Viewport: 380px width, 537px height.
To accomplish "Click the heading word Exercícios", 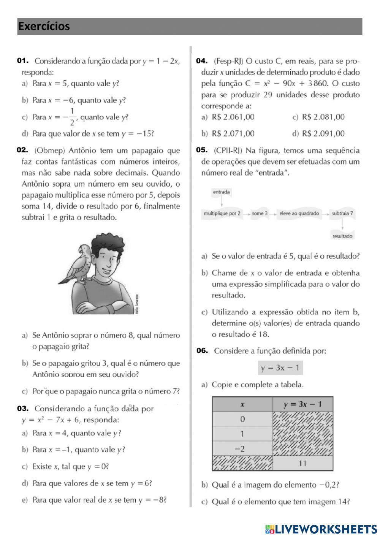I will [44, 26].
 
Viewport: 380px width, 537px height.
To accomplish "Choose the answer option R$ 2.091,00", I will [323, 134].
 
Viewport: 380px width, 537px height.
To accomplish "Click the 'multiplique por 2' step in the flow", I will [222, 214].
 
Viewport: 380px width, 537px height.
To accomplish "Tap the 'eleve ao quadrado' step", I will [299, 214].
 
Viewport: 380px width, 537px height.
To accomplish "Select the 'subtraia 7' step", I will [342, 214].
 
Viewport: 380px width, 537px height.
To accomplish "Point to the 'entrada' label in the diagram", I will [221, 192].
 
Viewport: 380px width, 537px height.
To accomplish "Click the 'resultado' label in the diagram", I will [342, 236].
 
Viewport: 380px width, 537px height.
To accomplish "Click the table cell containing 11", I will [302, 463].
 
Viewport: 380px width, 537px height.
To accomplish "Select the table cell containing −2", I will [242, 449].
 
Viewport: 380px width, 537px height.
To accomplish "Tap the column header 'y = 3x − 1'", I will [302, 404].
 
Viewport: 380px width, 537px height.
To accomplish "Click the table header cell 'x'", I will [242, 404].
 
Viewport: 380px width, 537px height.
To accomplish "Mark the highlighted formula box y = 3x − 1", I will [280, 368].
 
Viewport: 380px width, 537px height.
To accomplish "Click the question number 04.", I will [201, 61].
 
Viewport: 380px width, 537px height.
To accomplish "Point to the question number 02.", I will [23, 150].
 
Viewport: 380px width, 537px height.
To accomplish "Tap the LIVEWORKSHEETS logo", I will [321, 529].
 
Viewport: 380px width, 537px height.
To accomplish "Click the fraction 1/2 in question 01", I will [72, 117].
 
